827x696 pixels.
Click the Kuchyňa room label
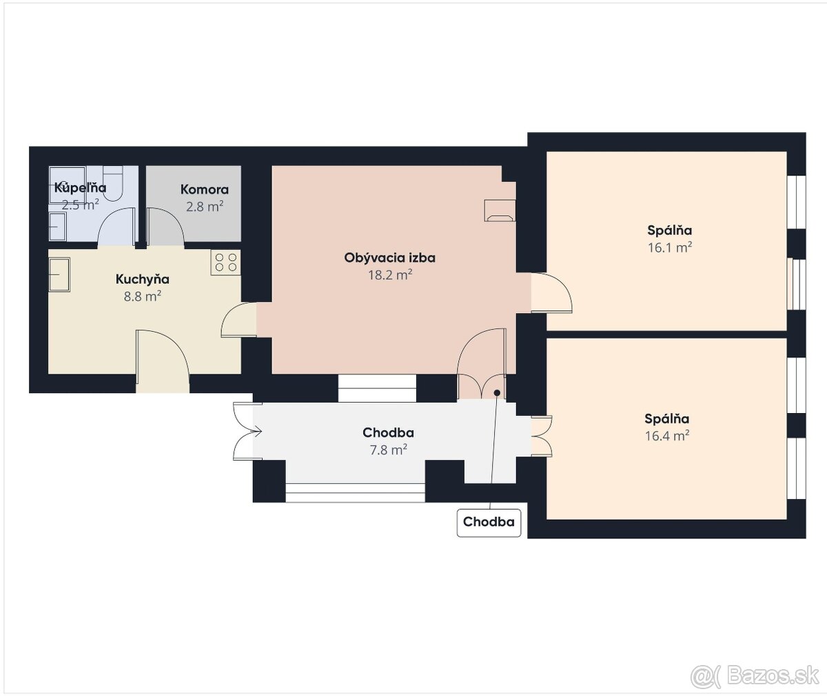click(142, 280)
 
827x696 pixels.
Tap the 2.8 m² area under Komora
click(205, 206)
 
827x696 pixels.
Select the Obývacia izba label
click(390, 258)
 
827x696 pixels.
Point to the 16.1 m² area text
click(670, 247)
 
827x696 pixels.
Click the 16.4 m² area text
click(667, 436)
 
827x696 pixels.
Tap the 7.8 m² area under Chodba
click(389, 450)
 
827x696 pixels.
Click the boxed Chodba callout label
click(489, 523)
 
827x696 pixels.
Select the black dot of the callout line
click(497, 392)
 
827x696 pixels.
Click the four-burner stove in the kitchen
click(226, 262)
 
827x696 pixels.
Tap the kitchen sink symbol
click(59, 275)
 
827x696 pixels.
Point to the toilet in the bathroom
click(113, 184)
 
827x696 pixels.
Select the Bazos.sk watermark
click(755, 676)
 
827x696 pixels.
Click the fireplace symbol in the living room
click(500, 210)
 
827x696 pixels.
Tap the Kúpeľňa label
click(81, 187)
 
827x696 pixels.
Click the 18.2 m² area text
click(390, 275)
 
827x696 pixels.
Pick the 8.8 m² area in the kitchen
click(142, 296)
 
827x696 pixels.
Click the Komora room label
click(205, 189)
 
